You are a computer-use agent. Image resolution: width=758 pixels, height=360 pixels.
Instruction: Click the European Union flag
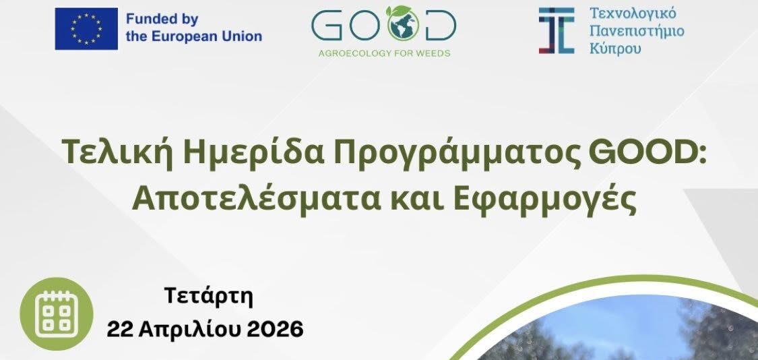(x=86, y=28)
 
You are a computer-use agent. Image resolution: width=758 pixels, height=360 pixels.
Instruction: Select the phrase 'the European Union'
(x=194, y=36)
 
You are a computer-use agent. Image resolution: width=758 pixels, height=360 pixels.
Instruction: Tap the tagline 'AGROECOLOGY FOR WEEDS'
(x=383, y=53)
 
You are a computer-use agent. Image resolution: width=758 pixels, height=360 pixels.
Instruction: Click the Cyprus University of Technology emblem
(x=556, y=30)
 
